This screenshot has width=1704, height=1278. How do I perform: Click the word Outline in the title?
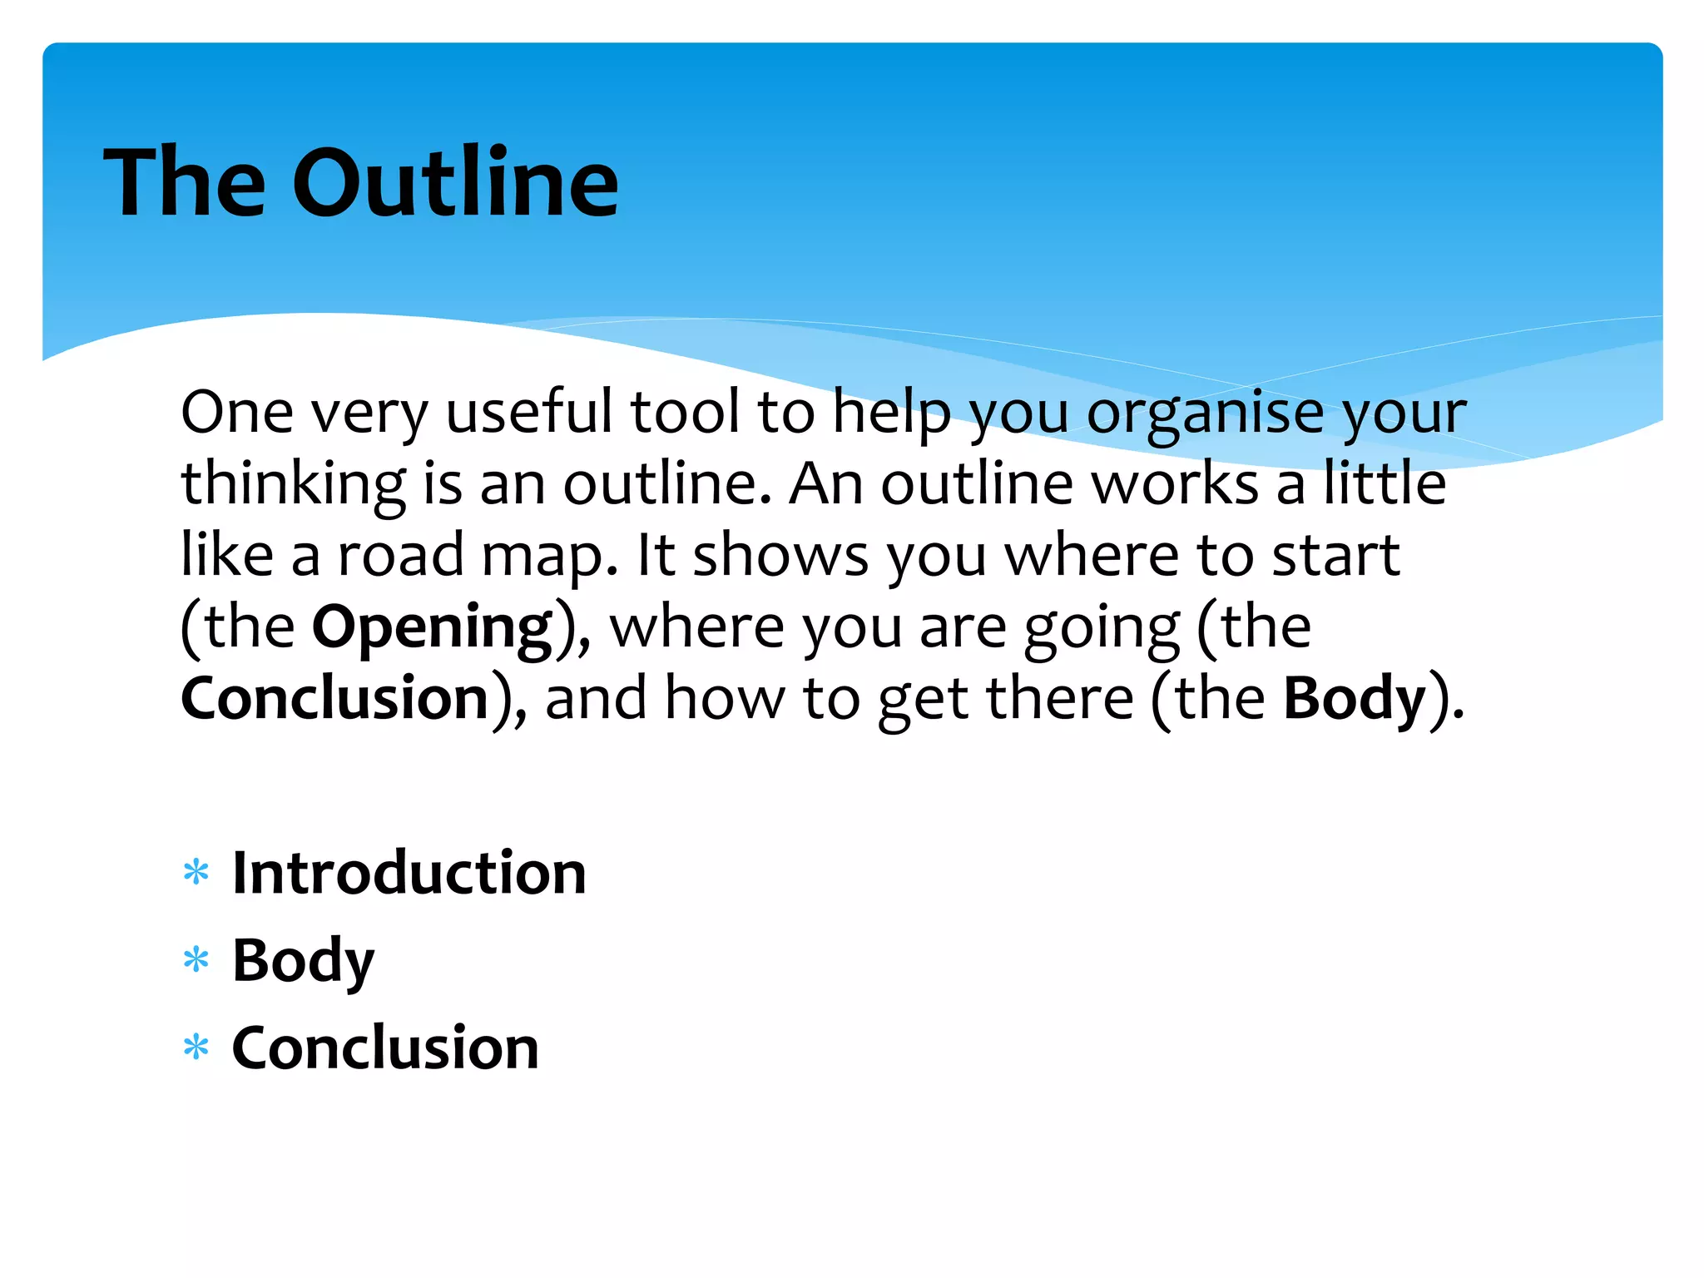(455, 183)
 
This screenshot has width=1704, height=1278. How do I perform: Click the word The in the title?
(185, 183)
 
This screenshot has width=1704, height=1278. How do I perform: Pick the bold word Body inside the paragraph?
(1355, 698)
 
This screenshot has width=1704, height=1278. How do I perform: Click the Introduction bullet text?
(409, 874)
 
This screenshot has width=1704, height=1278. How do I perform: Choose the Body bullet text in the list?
(303, 961)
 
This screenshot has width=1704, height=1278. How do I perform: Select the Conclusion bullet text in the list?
(385, 1048)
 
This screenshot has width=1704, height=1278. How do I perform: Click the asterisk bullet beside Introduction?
(196, 874)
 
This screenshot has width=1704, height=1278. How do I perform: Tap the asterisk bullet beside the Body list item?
(196, 961)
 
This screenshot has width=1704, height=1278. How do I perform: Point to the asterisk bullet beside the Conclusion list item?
(196, 1048)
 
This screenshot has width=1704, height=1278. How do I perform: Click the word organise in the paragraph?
(1205, 414)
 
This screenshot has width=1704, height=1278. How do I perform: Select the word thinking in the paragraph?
(294, 485)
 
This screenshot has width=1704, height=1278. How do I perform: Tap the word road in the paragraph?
(400, 556)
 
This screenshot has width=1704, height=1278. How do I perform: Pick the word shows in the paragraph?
(780, 556)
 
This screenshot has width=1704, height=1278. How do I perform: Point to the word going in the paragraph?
(1101, 629)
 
